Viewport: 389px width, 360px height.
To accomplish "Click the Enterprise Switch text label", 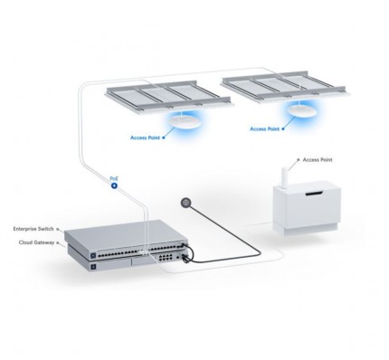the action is (x=33, y=229).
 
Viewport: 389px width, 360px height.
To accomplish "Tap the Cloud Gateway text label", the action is (x=36, y=242).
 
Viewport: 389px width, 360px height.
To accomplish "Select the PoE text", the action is (x=114, y=179).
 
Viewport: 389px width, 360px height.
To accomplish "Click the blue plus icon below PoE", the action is (x=114, y=185).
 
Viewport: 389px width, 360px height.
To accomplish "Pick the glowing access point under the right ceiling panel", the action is (x=301, y=110).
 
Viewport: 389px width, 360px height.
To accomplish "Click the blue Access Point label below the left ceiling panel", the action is (x=145, y=137).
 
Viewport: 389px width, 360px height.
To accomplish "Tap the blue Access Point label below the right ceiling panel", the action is (x=264, y=128).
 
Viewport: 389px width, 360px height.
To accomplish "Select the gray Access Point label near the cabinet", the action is (x=318, y=159).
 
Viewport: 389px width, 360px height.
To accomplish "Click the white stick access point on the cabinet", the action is (x=285, y=178).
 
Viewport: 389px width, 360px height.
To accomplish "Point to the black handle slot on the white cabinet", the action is (x=314, y=194).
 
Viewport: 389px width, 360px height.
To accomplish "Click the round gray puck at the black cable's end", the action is (x=185, y=203).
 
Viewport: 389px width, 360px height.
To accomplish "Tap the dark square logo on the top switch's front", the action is (x=93, y=256).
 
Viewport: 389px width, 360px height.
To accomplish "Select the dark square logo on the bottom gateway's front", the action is (x=93, y=267).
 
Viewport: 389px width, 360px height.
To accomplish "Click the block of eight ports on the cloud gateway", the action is (x=166, y=257).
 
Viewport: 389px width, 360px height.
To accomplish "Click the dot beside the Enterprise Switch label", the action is (x=58, y=229).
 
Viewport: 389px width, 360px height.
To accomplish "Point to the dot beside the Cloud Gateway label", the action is (x=58, y=242).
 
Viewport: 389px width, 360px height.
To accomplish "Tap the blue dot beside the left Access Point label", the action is (x=164, y=137).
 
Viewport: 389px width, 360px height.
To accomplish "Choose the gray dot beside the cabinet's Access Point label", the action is (x=299, y=159).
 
